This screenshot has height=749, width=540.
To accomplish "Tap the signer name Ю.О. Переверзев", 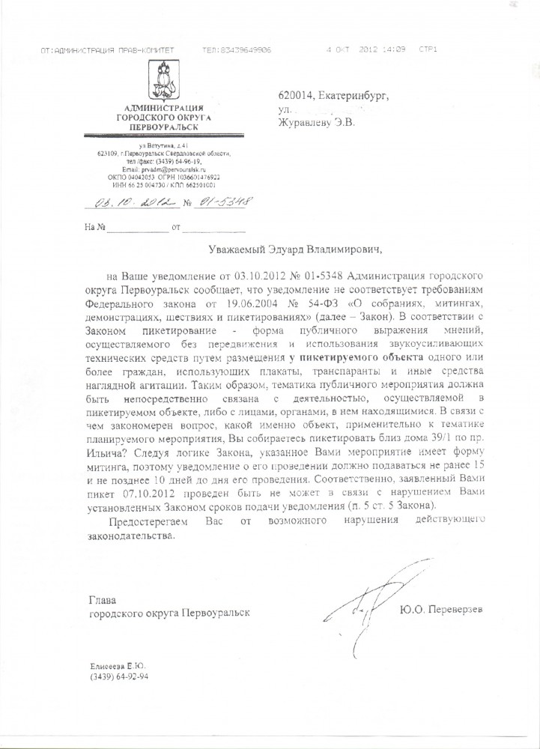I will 448,610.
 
